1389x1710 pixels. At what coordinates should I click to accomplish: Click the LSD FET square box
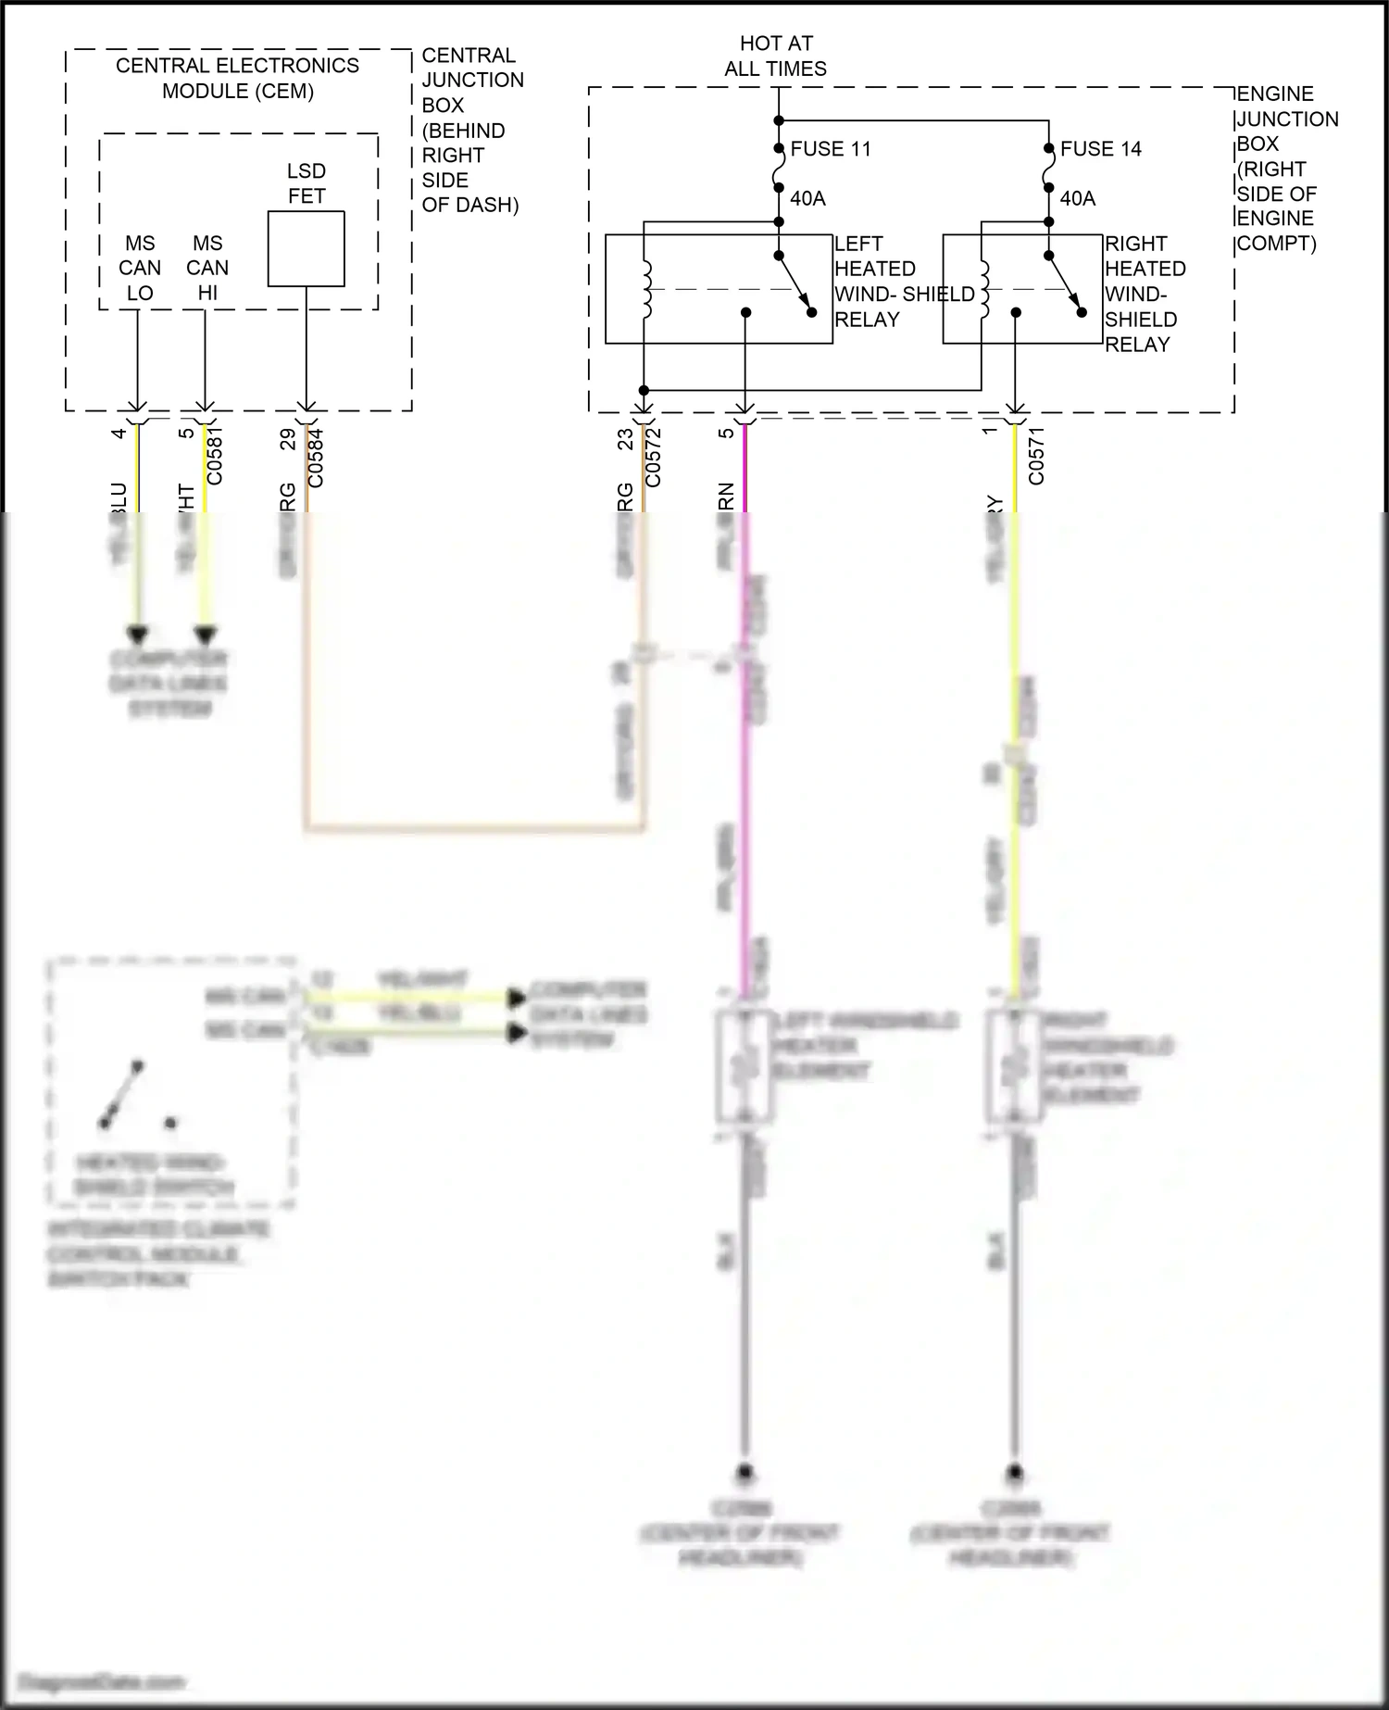pyautogui.click(x=306, y=248)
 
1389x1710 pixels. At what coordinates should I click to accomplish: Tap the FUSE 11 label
pyautogui.click(x=830, y=149)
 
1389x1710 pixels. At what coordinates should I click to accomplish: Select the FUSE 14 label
pyautogui.click(x=1100, y=149)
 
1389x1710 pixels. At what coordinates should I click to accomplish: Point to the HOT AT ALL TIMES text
pyautogui.click(x=776, y=56)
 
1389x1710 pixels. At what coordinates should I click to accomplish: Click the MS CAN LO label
pyautogui.click(x=140, y=268)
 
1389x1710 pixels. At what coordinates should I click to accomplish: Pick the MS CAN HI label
pyautogui.click(x=207, y=268)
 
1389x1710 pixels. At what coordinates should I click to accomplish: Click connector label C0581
pyautogui.click(x=215, y=455)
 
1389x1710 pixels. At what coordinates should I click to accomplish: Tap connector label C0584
pyautogui.click(x=316, y=455)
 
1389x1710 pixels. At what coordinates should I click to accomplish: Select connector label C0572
pyautogui.click(x=653, y=455)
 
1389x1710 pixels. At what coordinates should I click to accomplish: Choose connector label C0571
pyautogui.click(x=1036, y=455)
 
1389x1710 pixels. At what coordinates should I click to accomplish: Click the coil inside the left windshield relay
pyautogui.click(x=646, y=290)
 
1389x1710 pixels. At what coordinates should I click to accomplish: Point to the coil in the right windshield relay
pyautogui.click(x=983, y=290)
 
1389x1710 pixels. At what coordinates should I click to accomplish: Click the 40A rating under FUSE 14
pyautogui.click(x=1077, y=198)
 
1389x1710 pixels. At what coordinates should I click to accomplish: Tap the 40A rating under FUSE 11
pyautogui.click(x=807, y=198)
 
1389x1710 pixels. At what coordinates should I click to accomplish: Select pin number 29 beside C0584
pyautogui.click(x=288, y=438)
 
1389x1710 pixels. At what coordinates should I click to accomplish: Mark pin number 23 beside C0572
pyautogui.click(x=626, y=438)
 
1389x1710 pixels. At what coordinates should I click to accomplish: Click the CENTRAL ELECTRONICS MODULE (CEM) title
pyautogui.click(x=237, y=78)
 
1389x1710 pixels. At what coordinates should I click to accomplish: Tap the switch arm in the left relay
pyautogui.click(x=795, y=284)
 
